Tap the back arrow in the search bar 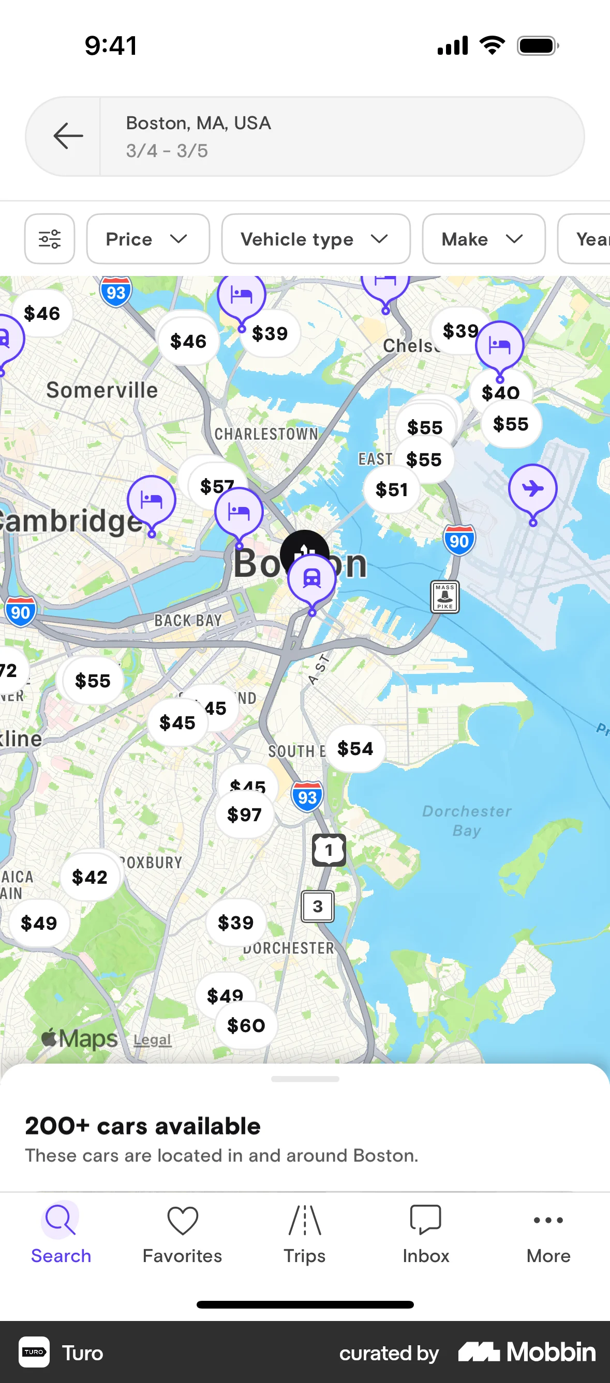[x=68, y=136]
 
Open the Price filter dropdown [x=148, y=239]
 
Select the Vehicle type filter [x=316, y=239]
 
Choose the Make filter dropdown [x=483, y=239]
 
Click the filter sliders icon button [x=50, y=239]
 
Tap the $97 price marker [x=245, y=815]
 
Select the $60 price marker [x=246, y=1025]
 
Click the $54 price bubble [x=355, y=748]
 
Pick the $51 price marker [x=391, y=489]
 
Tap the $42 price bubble [x=90, y=877]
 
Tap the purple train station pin [x=311, y=579]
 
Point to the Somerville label [x=102, y=390]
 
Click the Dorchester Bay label [x=467, y=820]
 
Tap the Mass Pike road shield [x=445, y=596]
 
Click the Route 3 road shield [x=318, y=906]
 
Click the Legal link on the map [x=153, y=1040]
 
